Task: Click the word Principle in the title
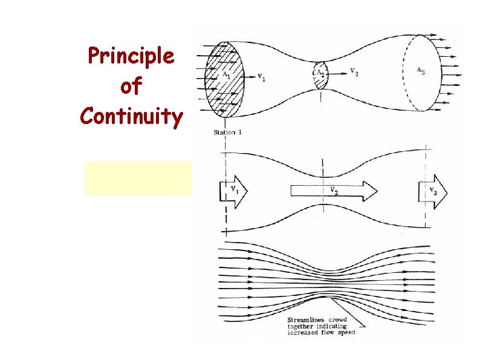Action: click(131, 57)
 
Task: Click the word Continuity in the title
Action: click(131, 116)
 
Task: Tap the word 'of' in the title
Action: click(131, 87)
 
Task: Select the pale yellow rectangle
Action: click(138, 178)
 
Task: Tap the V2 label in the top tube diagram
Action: click(357, 71)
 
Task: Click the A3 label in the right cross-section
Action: click(420, 70)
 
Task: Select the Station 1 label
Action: click(228, 133)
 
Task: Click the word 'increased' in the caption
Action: click(302, 332)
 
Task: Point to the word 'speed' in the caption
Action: click(344, 332)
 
